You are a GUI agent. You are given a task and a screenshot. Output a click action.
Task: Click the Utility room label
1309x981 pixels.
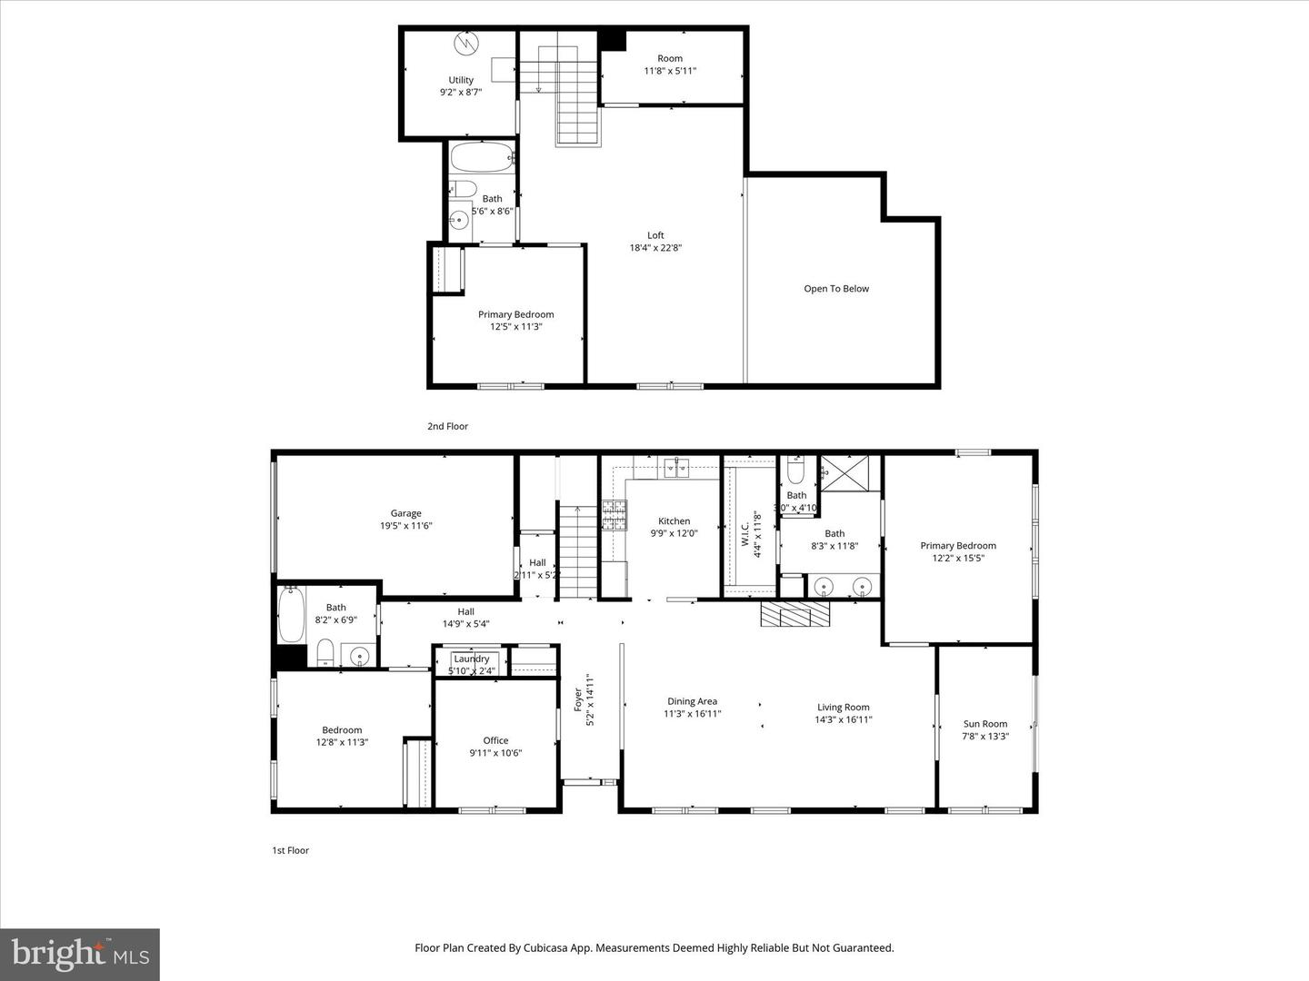click(461, 80)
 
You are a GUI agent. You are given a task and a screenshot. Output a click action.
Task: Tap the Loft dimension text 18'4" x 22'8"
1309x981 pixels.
click(655, 248)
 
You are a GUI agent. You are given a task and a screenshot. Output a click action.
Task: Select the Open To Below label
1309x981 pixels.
click(836, 289)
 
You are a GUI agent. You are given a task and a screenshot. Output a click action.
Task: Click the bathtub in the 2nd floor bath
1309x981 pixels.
click(482, 158)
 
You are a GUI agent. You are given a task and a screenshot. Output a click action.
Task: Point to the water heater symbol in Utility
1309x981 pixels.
click(465, 43)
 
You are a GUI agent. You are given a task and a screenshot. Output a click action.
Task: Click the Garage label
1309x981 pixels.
click(406, 513)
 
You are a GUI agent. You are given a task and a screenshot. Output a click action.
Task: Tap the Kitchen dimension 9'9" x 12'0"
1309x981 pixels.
click(674, 534)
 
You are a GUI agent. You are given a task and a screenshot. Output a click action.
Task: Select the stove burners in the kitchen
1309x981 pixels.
click(614, 516)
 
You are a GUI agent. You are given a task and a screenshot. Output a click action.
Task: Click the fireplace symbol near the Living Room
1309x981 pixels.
click(795, 615)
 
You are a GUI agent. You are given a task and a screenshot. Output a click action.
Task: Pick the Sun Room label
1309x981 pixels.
click(985, 724)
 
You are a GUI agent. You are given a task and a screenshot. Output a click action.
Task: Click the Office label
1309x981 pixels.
click(495, 740)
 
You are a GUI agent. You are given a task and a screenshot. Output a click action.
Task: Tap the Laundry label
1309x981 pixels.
click(472, 659)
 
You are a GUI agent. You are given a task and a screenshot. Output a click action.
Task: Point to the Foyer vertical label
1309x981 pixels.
click(577, 699)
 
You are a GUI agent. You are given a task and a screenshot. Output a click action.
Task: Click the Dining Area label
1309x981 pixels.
click(692, 701)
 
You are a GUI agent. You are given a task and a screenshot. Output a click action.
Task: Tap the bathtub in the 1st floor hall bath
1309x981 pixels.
click(291, 615)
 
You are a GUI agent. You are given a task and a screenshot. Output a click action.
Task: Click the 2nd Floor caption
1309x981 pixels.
click(447, 426)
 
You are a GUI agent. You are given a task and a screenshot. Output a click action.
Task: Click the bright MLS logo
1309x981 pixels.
click(80, 954)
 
